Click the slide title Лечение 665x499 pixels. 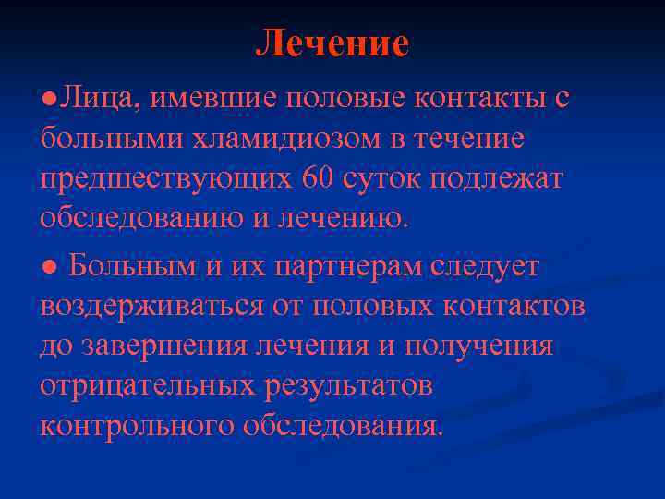point(332,43)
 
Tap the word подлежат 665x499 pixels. point(496,179)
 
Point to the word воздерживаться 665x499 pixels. point(151,307)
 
